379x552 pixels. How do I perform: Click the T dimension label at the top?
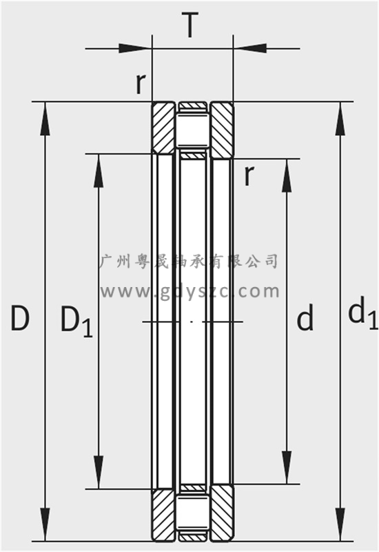point(190,25)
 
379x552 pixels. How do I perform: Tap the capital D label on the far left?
point(20,318)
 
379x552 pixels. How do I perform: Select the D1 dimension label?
point(76,321)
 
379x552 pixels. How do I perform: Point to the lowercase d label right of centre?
point(305,317)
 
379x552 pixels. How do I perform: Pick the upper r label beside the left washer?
point(141,83)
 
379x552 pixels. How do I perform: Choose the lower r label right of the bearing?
point(249,175)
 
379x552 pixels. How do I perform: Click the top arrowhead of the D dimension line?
point(45,119)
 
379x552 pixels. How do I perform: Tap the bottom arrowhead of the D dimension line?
point(45,524)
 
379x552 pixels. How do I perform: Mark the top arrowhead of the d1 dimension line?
point(340,119)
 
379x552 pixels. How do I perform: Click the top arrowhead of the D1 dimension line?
point(99,170)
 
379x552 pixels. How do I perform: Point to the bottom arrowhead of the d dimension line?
point(287,467)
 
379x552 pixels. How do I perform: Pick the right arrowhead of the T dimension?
point(249,48)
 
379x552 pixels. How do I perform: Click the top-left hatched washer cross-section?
point(163,128)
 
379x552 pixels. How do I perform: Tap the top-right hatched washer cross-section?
point(221,130)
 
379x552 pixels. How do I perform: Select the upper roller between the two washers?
point(192,130)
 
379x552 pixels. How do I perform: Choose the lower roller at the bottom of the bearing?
point(192,512)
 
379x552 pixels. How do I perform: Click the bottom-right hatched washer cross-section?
point(221,512)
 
